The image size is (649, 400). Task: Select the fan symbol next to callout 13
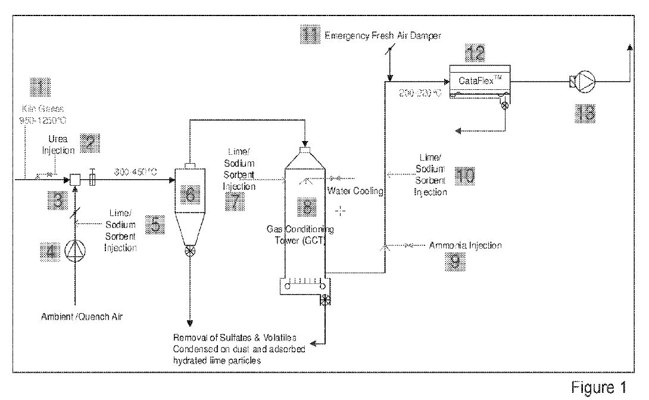(x=587, y=80)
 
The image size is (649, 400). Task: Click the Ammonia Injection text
(x=465, y=245)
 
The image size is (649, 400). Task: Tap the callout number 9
(x=455, y=262)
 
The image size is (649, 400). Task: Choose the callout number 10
(x=466, y=175)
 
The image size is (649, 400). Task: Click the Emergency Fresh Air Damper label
(x=383, y=36)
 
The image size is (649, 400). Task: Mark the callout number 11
(x=311, y=35)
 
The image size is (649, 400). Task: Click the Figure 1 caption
(x=598, y=387)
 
